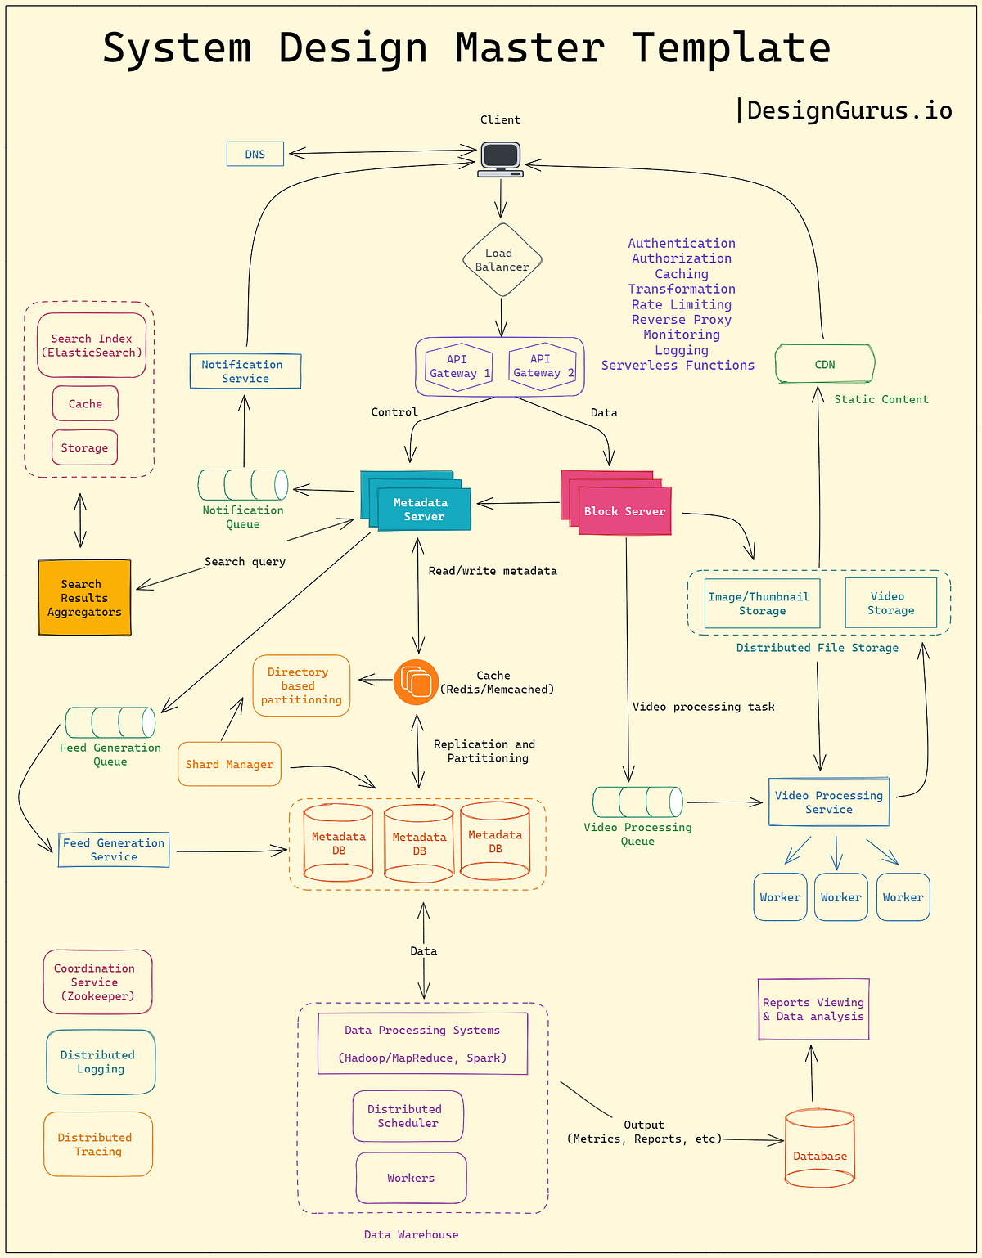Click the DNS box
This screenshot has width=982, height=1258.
tap(255, 154)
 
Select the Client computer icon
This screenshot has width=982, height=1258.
tap(501, 159)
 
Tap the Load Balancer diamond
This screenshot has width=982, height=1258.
tap(502, 260)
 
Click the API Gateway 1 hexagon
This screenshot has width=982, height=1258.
tap(459, 366)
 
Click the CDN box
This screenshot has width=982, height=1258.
tap(825, 364)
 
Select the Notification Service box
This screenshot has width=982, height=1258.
tap(245, 371)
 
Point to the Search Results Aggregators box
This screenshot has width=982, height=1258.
tap(84, 598)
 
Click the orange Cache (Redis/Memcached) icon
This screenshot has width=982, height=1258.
tap(417, 682)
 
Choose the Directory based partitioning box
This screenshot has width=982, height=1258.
tap(301, 685)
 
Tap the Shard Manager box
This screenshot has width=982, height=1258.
tap(229, 764)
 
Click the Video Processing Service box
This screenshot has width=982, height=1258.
tap(829, 802)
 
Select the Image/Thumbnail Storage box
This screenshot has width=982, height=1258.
tap(762, 604)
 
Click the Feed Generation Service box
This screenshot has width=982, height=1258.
tap(114, 850)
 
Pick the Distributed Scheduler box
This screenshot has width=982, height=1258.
tap(408, 1116)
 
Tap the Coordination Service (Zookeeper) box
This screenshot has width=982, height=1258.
tap(97, 982)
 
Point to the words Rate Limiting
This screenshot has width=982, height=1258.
tap(681, 304)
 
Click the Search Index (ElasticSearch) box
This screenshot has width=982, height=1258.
tap(92, 345)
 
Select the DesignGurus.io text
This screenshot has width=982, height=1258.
tap(849, 110)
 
